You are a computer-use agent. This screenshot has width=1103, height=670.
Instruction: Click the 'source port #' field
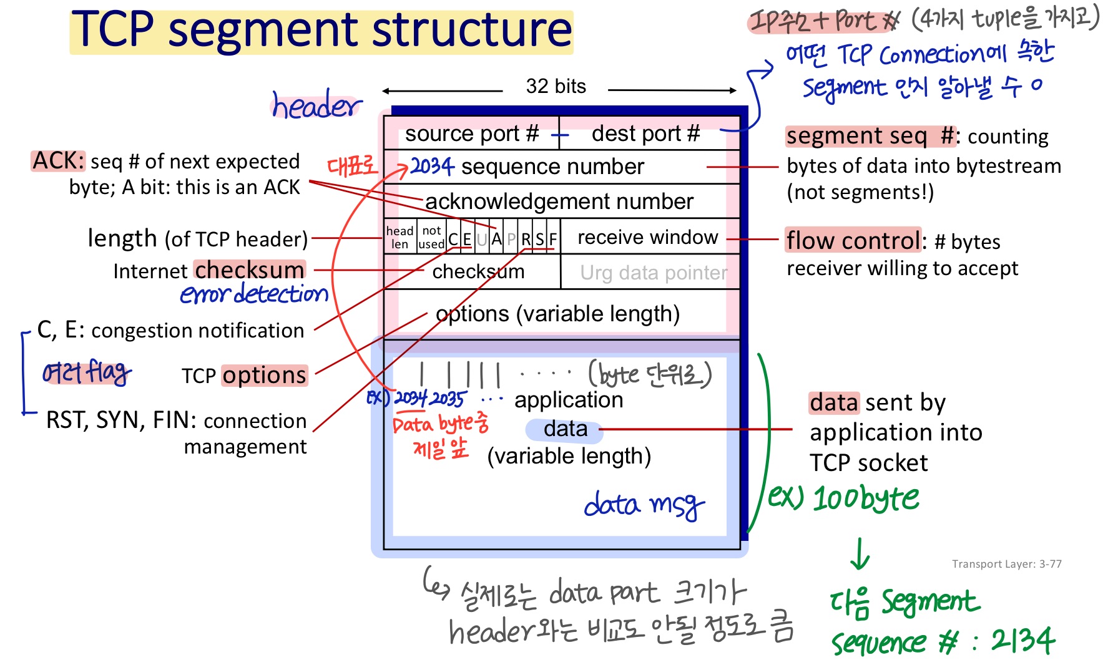pos(471,134)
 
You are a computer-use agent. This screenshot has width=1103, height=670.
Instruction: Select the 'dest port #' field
pos(645,134)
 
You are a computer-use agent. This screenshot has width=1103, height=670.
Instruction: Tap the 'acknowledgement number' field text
pos(559,201)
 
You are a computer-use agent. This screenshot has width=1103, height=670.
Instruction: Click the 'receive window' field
pos(647,238)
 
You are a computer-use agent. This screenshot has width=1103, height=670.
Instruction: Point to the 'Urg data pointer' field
pos(653,273)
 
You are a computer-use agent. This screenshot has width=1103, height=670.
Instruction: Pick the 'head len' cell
pos(400,238)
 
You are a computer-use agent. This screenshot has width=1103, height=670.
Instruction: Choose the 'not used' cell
pos(431,238)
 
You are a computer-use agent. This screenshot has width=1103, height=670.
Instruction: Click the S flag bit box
pos(540,239)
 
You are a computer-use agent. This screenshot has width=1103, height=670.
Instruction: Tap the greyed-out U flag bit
pos(482,239)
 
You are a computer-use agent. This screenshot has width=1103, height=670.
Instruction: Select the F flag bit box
pos(553,239)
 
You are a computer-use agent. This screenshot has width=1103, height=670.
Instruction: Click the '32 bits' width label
pos(556,86)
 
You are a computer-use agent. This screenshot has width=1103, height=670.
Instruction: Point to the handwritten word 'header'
pos(316,105)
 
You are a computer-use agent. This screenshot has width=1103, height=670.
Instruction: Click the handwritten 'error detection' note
pos(254,294)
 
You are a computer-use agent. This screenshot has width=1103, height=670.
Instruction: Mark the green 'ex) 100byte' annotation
pos(843,498)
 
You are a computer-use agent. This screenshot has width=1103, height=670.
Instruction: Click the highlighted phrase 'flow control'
pos(853,240)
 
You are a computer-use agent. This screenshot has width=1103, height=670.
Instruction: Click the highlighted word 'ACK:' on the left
pos(58,161)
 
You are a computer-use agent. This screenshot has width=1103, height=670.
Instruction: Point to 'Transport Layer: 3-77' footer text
pos(1006,564)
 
